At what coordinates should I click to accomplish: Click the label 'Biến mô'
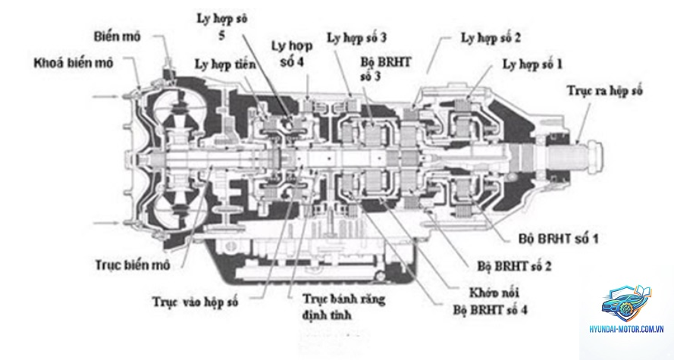coord(117,36)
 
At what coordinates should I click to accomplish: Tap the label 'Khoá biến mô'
coord(74,63)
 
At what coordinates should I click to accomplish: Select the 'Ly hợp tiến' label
coord(225,65)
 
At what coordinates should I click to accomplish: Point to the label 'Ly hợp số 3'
coord(357,38)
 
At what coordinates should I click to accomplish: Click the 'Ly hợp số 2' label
coord(491,38)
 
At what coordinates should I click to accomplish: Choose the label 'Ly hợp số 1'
coord(532,64)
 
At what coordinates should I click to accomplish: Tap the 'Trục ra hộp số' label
coord(604,91)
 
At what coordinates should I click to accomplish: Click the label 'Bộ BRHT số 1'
coord(558,239)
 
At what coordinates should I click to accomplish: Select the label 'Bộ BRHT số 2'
coord(514,266)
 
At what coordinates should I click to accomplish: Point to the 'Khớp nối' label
coord(494,293)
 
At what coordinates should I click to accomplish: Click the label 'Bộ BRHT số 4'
coord(491,309)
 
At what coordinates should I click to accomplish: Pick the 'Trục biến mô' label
coord(133,265)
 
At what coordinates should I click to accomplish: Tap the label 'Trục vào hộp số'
coord(195,302)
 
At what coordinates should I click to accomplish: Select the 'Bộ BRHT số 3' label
coord(386,69)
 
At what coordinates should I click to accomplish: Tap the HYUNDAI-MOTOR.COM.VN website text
coord(627,330)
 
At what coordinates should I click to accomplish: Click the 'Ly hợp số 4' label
coord(292,54)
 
